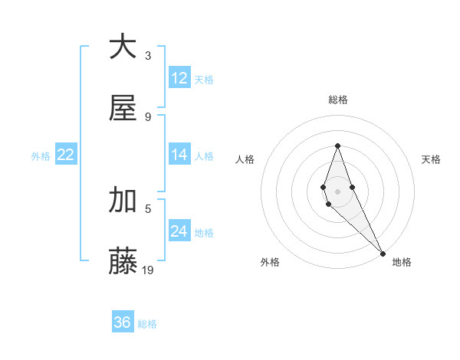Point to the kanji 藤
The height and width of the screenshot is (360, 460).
point(123,260)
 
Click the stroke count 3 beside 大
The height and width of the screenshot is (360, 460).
point(148,56)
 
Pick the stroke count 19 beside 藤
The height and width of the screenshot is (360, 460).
point(149,270)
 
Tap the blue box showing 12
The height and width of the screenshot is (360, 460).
point(179,78)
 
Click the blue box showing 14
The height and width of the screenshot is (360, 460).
point(179,155)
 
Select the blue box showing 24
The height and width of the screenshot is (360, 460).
point(179,231)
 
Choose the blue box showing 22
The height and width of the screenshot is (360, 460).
point(66,155)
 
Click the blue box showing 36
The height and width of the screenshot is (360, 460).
point(123,322)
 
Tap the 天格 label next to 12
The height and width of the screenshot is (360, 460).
point(204,79)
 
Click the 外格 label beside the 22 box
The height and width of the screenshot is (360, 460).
point(41,155)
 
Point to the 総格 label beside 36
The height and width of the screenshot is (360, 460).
point(147,324)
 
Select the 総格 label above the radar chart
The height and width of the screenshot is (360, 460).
point(337,100)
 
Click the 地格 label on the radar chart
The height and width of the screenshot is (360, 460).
point(402,263)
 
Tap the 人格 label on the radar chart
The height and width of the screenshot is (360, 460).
point(245,159)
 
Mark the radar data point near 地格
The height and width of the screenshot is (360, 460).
point(383,254)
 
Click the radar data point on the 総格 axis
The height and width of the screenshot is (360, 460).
point(337,146)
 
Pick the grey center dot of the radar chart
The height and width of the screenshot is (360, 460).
point(337,191)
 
